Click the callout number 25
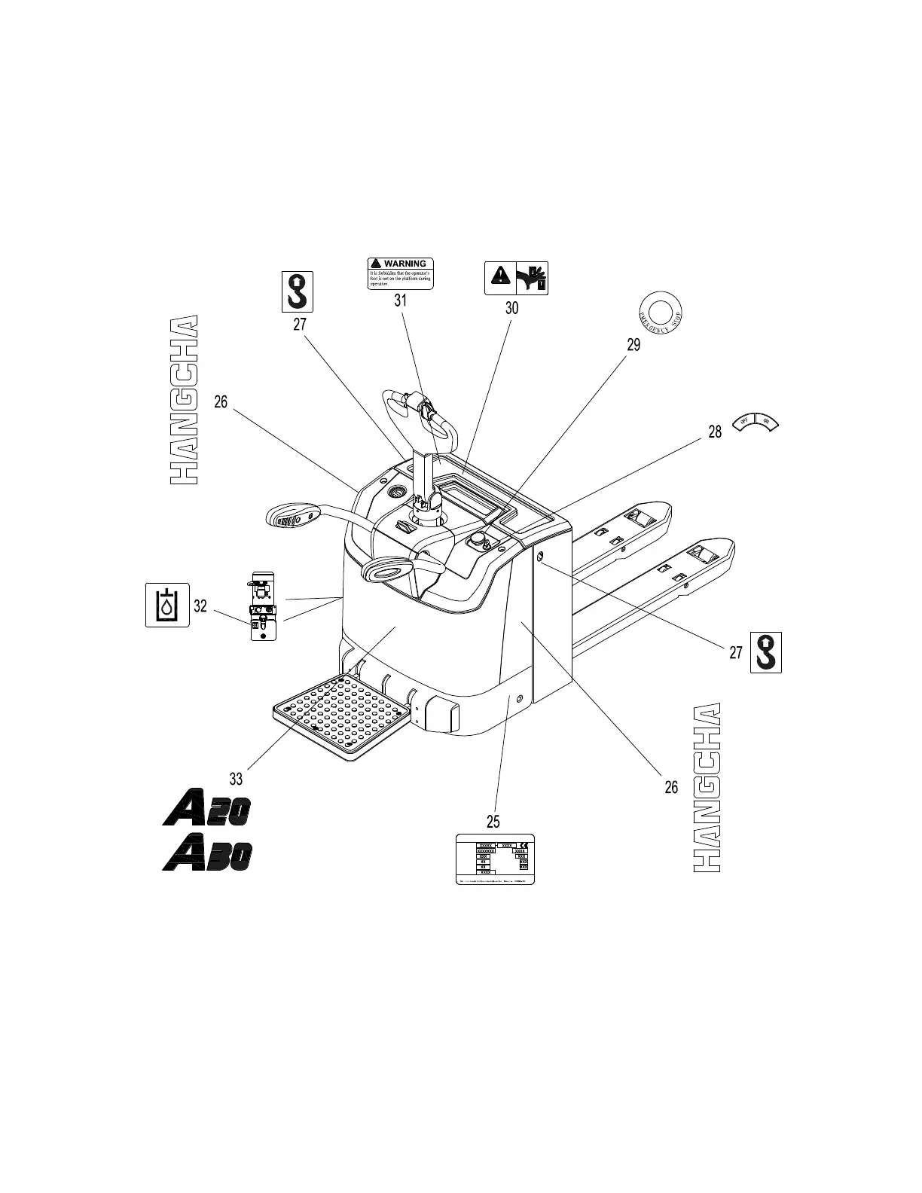[493, 820]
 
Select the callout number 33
[236, 777]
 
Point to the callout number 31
[400, 300]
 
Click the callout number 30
[511, 307]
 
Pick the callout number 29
[633, 345]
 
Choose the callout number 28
[715, 432]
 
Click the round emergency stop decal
[660, 310]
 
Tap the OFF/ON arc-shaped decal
[756, 423]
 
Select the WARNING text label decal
[400, 273]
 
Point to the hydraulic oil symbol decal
[167, 604]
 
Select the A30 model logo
[207, 855]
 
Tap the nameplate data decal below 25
[496, 859]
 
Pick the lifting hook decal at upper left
[298, 291]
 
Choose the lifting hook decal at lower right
[766, 652]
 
